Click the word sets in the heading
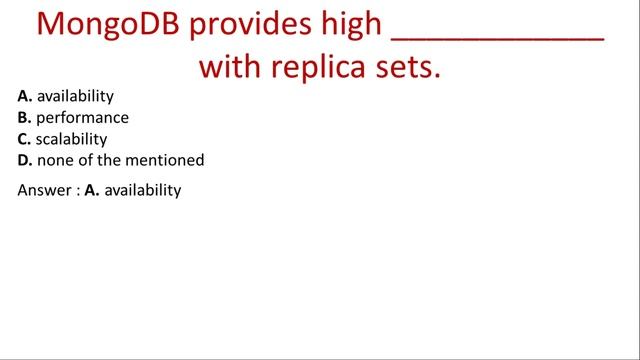(410, 68)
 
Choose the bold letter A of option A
(24, 97)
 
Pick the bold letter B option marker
(24, 118)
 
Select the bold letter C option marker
(24, 139)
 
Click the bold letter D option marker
(24, 160)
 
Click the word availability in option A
(75, 97)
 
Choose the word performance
(83, 118)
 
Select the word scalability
(72, 139)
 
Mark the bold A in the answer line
(91, 190)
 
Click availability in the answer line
(143, 190)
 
